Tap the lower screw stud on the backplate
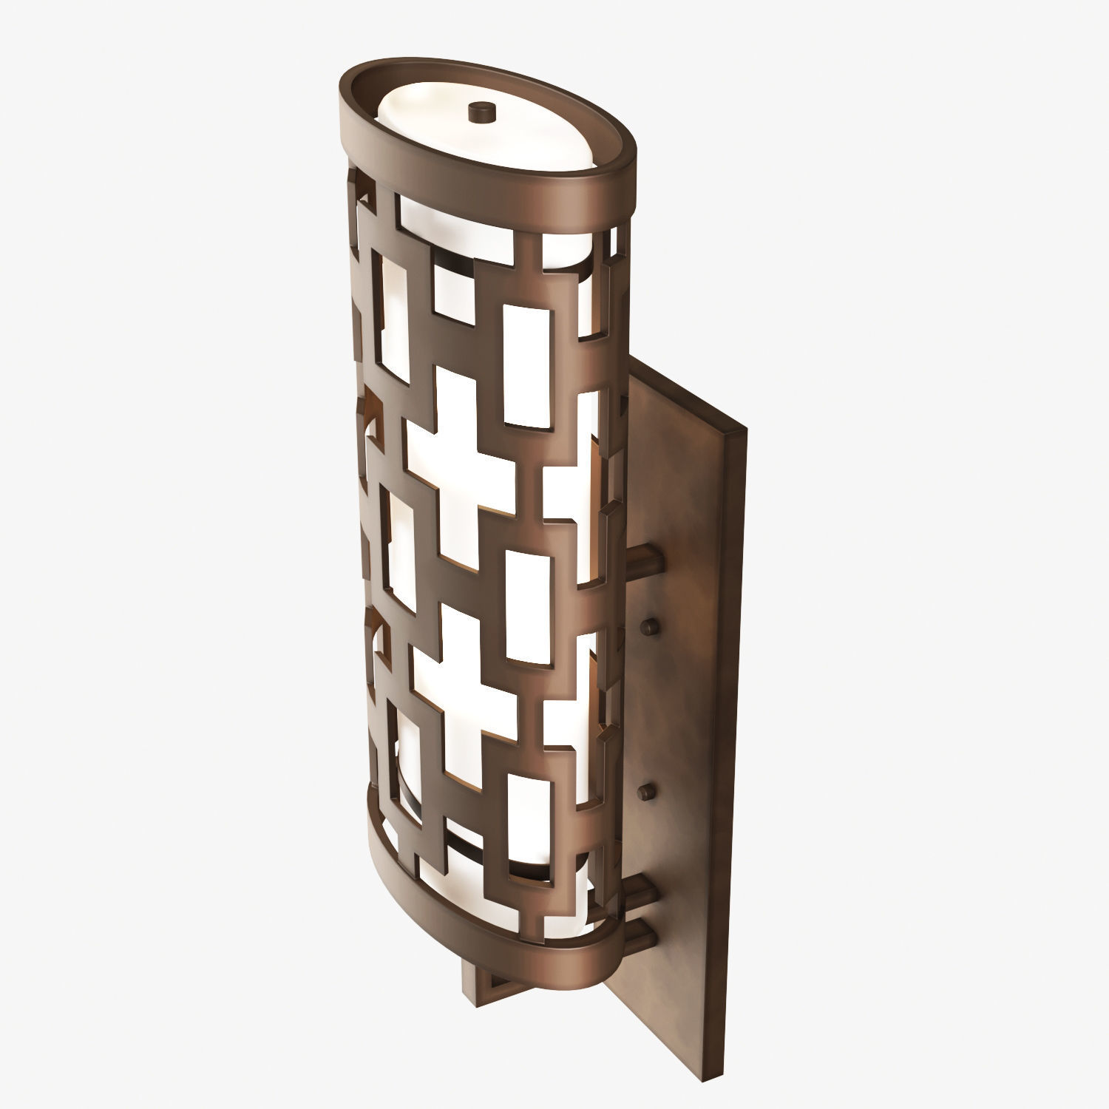click(648, 793)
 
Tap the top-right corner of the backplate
click(742, 429)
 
